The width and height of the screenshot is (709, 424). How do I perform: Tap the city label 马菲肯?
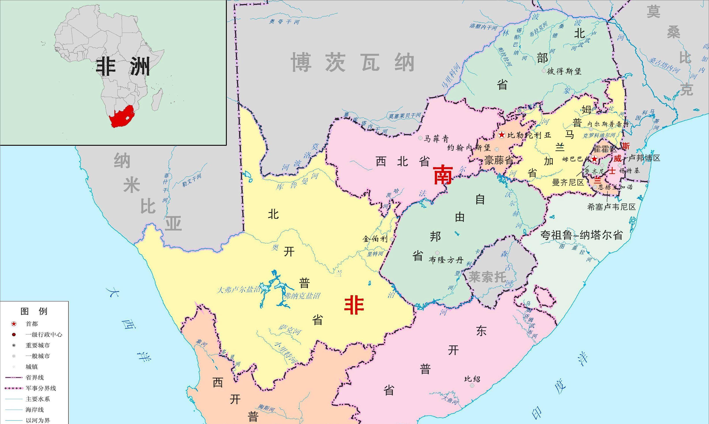pyautogui.click(x=436, y=139)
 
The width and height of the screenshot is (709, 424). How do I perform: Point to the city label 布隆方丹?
pyautogui.click(x=446, y=260)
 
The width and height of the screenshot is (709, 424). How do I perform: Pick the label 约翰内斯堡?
pyautogui.click(x=469, y=148)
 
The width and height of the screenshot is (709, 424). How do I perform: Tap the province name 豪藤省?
pyautogui.click(x=499, y=160)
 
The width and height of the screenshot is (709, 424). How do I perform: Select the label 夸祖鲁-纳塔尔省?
pyautogui.click(x=581, y=235)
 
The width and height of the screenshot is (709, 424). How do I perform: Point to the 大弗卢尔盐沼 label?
pyautogui.click(x=238, y=290)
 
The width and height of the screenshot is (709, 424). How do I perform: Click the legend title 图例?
pyautogui.click(x=34, y=311)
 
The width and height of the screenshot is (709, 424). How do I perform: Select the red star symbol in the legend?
pyautogui.click(x=14, y=324)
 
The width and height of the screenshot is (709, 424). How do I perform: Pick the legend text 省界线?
pyautogui.click(x=35, y=377)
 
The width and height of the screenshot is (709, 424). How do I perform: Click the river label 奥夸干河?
pyautogui.click(x=284, y=22)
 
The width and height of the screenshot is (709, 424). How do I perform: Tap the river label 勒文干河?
pyautogui.click(x=192, y=181)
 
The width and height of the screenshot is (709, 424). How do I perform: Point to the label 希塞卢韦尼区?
pyautogui.click(x=611, y=207)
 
